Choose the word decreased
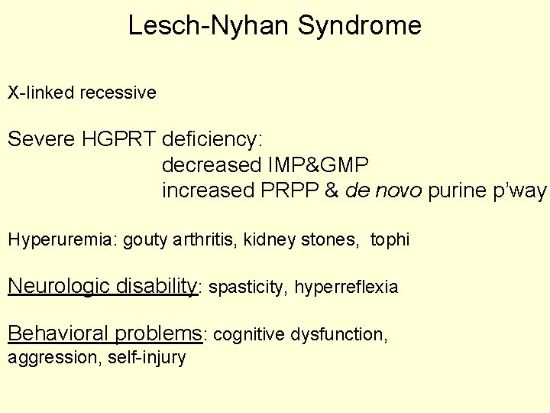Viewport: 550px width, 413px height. [x=211, y=165]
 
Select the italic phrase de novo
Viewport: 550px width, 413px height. [x=383, y=190]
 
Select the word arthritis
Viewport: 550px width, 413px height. [x=208, y=240]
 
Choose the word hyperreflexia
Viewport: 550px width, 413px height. [x=346, y=288]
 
